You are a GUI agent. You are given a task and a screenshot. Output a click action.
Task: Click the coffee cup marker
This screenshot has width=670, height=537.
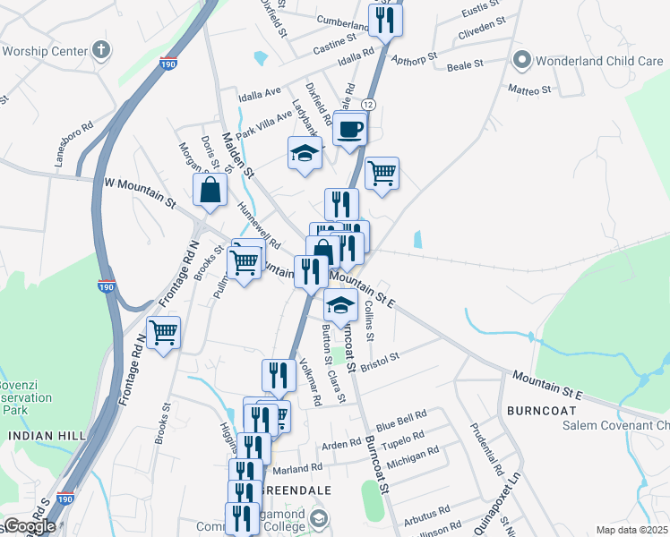tap(350, 129)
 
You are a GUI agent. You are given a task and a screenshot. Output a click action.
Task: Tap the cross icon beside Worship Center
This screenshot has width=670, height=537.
tap(102, 48)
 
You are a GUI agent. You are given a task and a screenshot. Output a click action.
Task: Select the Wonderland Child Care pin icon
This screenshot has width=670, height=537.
tap(521, 61)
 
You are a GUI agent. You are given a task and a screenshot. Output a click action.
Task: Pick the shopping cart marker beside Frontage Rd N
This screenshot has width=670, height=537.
tap(164, 334)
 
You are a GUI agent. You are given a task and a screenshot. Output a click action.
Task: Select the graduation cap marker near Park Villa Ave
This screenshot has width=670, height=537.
tap(305, 154)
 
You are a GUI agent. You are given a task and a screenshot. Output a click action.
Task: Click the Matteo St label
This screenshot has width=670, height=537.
tap(529, 90)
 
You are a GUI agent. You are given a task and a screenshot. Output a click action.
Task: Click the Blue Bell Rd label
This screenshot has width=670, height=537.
tap(400, 418)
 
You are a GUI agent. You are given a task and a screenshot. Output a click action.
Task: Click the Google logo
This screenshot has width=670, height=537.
tap(30, 526)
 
